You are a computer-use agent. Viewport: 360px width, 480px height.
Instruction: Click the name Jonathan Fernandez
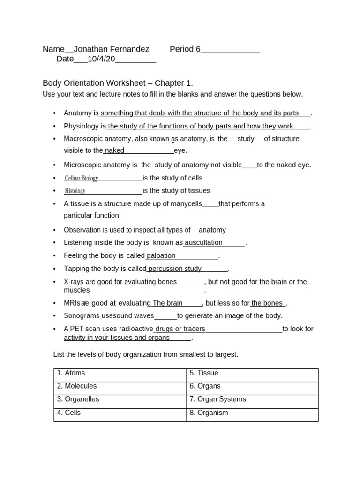(x=112, y=49)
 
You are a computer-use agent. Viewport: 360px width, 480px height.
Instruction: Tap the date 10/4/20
(x=101, y=59)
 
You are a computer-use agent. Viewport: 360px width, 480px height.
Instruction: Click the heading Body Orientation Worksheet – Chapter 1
(x=118, y=83)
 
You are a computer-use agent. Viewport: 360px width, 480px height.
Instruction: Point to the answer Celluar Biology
(x=82, y=178)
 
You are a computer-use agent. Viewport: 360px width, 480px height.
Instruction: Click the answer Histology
(x=75, y=191)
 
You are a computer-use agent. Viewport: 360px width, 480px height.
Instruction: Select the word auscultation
(x=203, y=243)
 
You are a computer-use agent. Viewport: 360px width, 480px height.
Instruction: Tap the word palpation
(x=161, y=255)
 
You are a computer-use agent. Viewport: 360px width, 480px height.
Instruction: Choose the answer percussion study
(x=174, y=269)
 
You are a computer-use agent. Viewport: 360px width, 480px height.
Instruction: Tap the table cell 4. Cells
(x=69, y=413)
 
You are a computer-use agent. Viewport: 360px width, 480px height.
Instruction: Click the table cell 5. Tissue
(x=204, y=373)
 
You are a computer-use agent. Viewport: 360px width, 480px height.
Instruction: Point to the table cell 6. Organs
(x=205, y=386)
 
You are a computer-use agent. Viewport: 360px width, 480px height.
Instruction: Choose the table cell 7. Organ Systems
(x=217, y=399)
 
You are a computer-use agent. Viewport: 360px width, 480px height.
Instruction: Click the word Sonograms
(x=81, y=316)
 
